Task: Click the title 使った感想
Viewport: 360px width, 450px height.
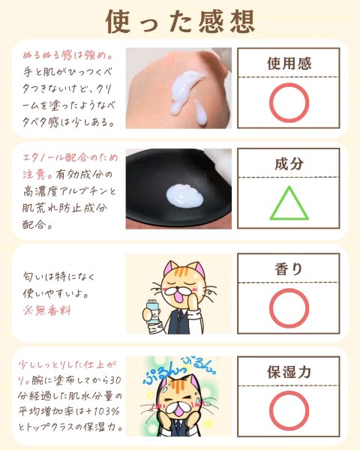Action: (180, 22)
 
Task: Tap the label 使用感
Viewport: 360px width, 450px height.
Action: (289, 64)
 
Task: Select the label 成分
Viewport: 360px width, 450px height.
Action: (289, 163)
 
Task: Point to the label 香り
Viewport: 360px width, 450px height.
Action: (289, 269)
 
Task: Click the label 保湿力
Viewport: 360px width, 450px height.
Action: (289, 372)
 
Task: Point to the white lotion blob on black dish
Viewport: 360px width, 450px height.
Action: (184, 196)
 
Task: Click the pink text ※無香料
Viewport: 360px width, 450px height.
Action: (46, 310)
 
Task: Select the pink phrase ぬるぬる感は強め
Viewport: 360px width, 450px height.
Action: (67, 55)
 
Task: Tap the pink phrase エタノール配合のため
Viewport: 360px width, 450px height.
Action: (70, 157)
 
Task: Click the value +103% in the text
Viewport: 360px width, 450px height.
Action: (102, 412)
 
